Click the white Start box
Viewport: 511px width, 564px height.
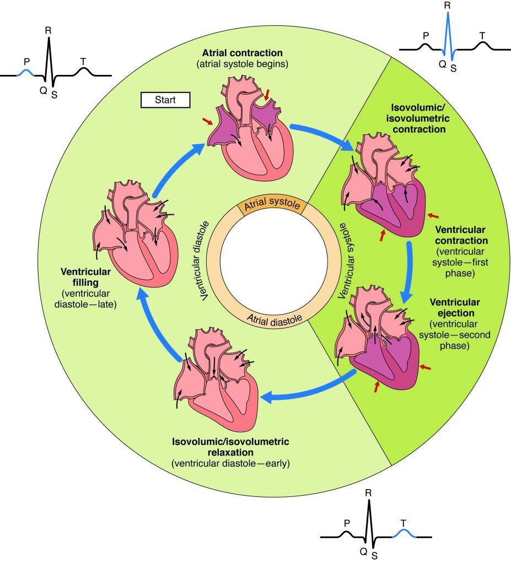(x=165, y=100)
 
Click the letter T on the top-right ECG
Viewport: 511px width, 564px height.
(x=482, y=36)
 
